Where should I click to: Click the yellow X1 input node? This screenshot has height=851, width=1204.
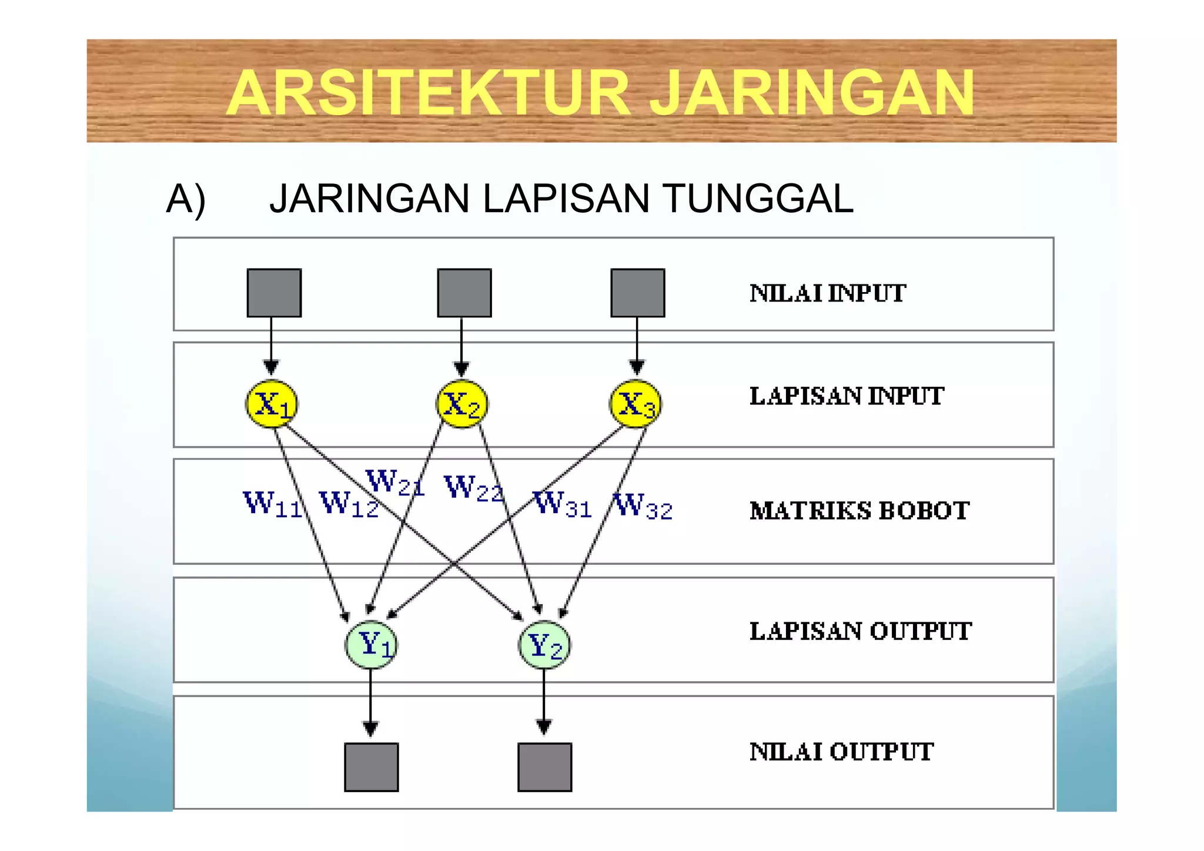point(271,404)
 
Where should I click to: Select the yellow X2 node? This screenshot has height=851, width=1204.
point(461,404)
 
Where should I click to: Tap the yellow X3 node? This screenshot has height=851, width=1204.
point(635,404)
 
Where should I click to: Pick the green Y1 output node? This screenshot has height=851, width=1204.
point(370,645)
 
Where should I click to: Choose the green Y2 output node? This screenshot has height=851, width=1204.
point(544,645)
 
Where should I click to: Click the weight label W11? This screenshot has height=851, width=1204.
point(272,505)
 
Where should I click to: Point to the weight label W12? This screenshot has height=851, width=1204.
point(349,505)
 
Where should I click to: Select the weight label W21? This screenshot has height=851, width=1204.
point(394,483)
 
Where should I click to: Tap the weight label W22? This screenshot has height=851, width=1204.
point(474,488)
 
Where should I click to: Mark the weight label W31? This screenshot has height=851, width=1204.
point(562,505)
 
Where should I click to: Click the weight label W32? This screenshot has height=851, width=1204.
point(643,506)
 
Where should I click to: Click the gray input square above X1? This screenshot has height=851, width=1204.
point(274,293)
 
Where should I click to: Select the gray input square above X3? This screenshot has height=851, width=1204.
point(638,293)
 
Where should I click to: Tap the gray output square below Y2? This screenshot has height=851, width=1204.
point(544,767)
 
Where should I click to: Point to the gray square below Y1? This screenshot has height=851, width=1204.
point(371,767)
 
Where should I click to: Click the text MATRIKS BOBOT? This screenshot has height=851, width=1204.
point(859,511)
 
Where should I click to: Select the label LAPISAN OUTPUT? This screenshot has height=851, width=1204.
point(861,631)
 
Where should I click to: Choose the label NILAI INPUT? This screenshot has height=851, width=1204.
point(828,293)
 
